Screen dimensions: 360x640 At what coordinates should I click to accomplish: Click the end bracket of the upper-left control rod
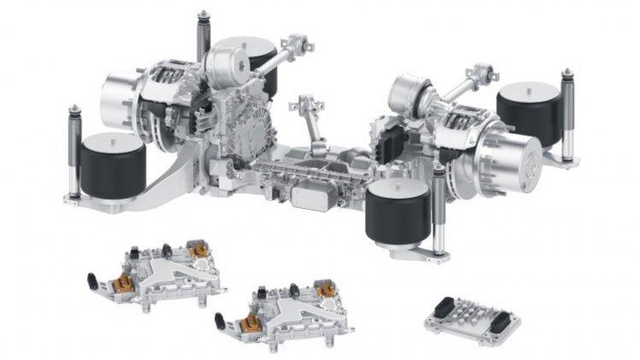point(299,43)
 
